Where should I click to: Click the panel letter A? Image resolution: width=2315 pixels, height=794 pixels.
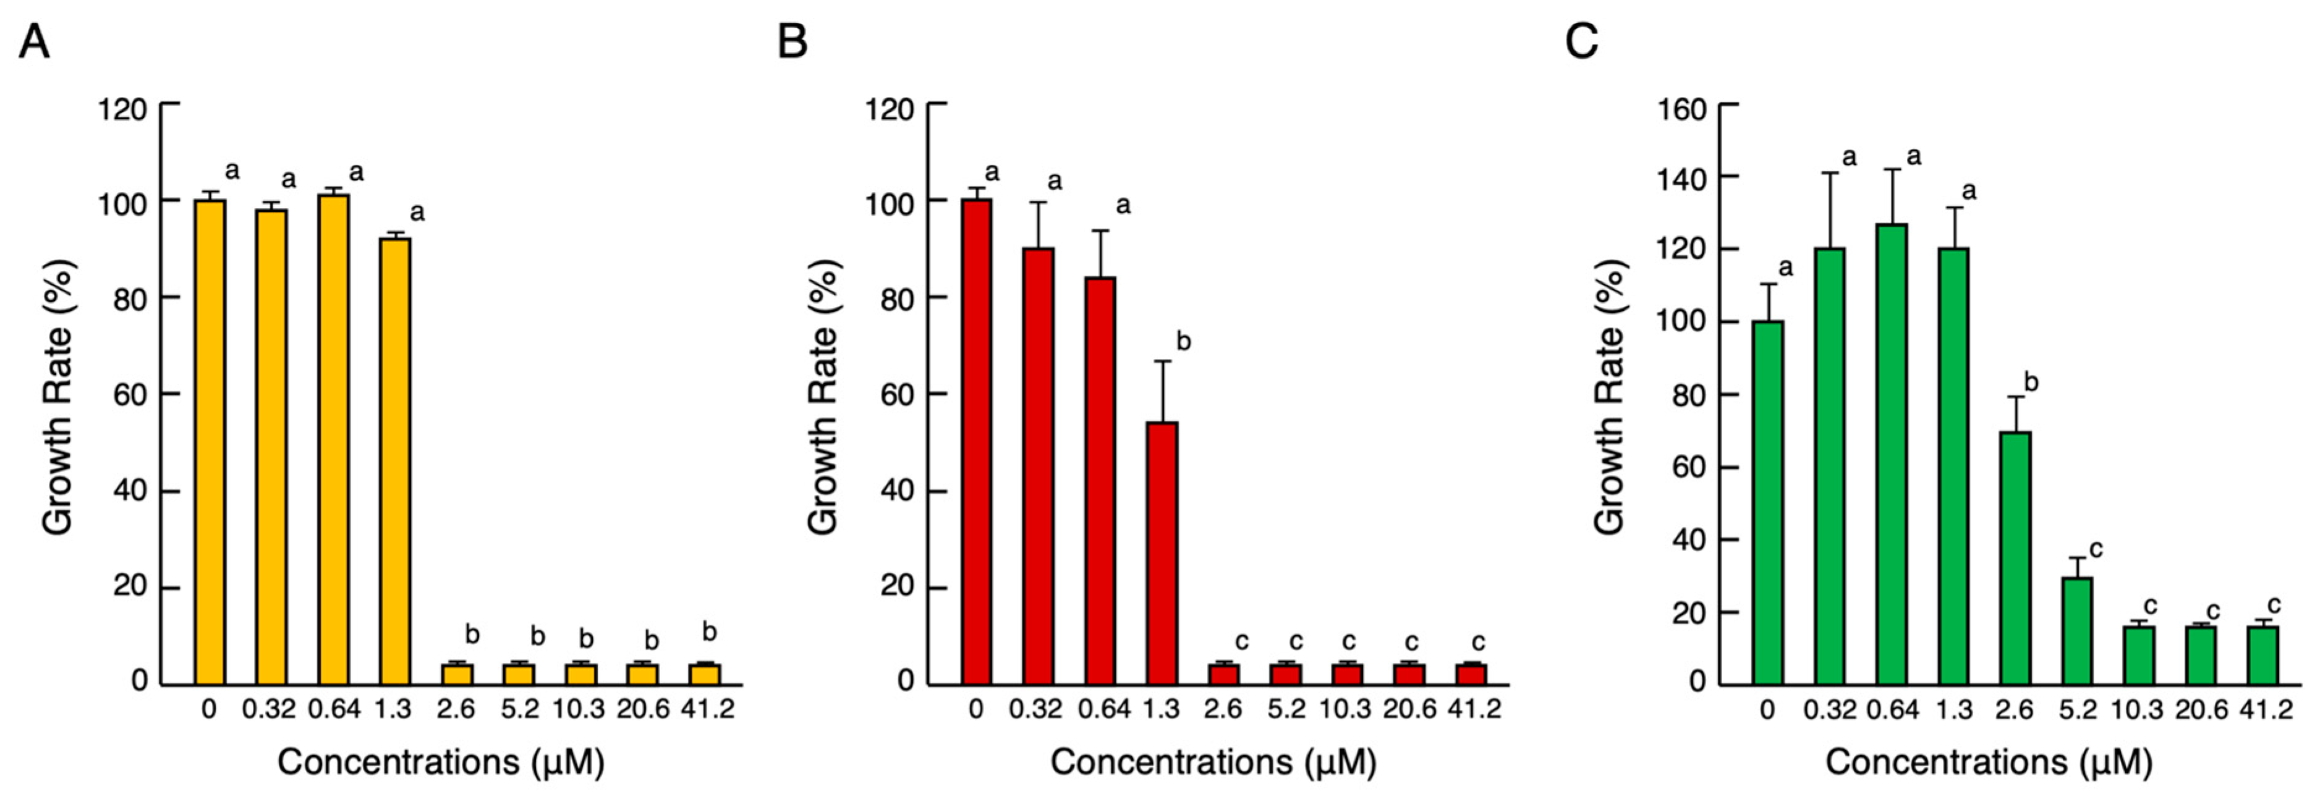(x=33, y=41)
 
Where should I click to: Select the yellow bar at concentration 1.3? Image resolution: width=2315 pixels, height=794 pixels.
(x=394, y=460)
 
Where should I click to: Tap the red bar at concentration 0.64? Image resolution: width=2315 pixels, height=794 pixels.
(x=1100, y=481)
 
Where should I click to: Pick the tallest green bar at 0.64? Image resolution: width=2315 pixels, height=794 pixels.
(x=1892, y=454)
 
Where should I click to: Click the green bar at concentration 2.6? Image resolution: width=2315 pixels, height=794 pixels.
(x=2016, y=557)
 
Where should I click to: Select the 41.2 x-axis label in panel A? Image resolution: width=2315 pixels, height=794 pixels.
(x=707, y=709)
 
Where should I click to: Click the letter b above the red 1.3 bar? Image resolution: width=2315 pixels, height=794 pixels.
(x=1184, y=342)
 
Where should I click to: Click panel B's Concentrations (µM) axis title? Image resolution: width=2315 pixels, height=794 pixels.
(x=1214, y=762)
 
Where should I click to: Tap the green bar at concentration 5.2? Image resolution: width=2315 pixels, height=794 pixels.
(x=2077, y=630)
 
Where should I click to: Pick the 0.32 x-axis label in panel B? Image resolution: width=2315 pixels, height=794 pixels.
(x=1035, y=709)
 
